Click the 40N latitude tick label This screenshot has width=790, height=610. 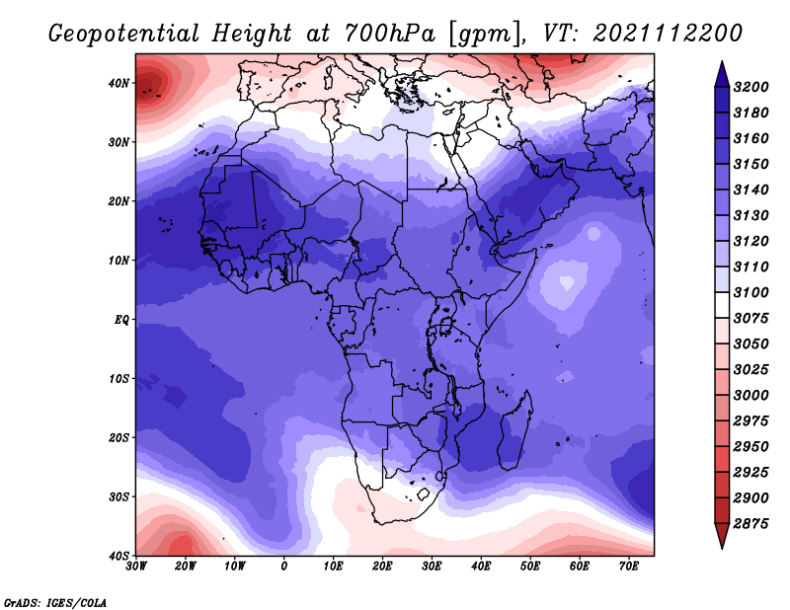point(118,83)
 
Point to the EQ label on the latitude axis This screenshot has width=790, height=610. point(121,320)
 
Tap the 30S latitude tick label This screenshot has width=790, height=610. point(118,497)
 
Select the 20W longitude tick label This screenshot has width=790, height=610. point(186,567)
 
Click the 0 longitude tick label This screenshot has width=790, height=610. point(284,567)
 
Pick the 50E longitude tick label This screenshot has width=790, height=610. point(530,567)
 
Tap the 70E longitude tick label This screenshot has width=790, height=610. point(628,567)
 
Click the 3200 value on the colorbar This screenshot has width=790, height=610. point(751,87)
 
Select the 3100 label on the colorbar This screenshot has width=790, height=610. point(751,292)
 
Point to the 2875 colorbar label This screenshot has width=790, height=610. point(751,524)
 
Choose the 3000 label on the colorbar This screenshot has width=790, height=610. point(751,396)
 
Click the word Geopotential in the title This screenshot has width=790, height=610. point(124,35)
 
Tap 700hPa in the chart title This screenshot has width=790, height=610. point(390,34)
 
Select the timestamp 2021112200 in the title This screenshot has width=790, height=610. point(668,34)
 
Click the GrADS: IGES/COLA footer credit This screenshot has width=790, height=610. point(55,602)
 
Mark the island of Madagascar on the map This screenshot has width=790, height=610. point(515,431)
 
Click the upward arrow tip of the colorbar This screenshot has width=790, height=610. point(722,62)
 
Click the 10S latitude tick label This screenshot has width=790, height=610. point(118,379)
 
